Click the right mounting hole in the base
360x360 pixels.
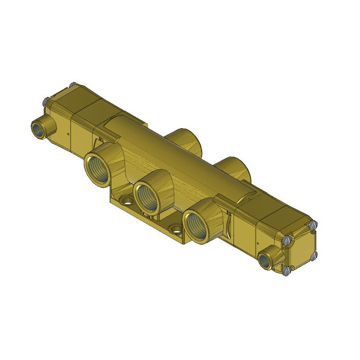(x=176, y=228)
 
